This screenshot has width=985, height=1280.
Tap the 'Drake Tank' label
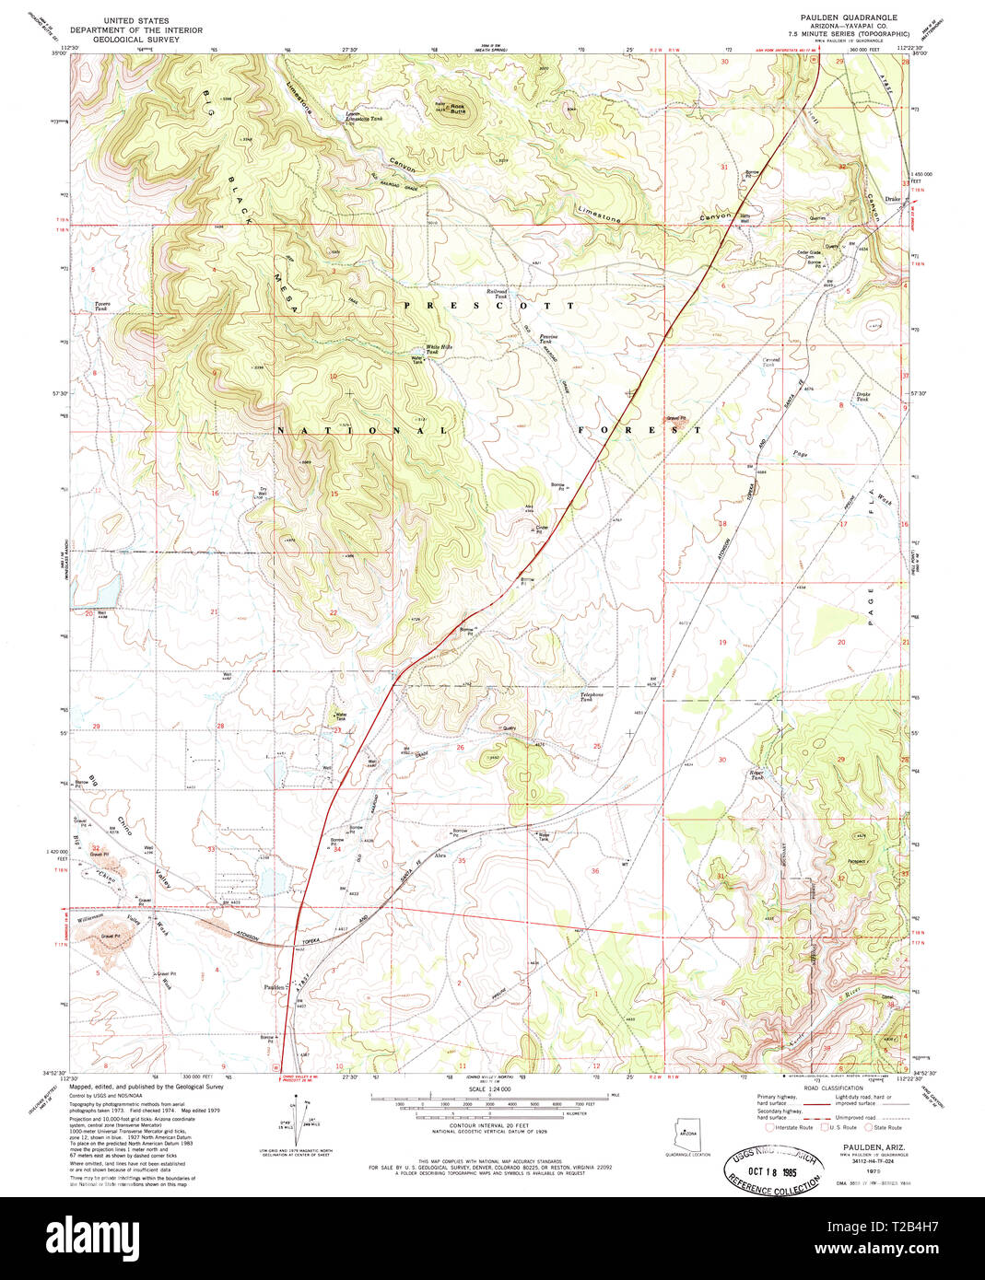pyautogui.click(x=862, y=397)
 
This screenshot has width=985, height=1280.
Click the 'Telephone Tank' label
pyautogui.click(x=591, y=696)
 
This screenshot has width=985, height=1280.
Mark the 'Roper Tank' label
pyautogui.click(x=756, y=774)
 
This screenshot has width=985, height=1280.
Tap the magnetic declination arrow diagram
pyautogui.click(x=302, y=1116)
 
